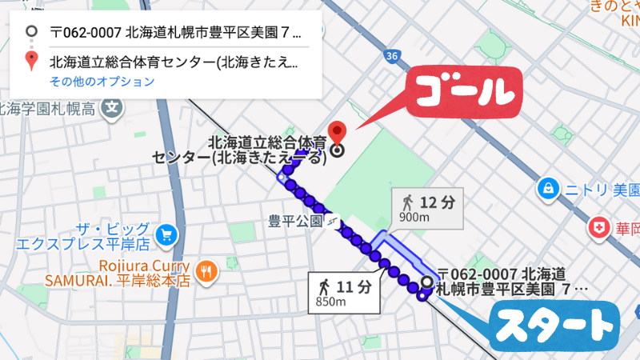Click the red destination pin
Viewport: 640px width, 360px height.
[x=338, y=130]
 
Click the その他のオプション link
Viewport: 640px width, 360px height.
[x=102, y=82]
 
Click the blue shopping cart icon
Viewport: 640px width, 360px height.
[x=166, y=234]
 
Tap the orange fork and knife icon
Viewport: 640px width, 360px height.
[x=206, y=271]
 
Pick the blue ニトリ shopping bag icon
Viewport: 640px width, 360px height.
[x=548, y=189]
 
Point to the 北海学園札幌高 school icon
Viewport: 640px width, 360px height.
[x=114, y=106]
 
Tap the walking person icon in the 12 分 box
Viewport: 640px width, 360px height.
[x=407, y=201]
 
